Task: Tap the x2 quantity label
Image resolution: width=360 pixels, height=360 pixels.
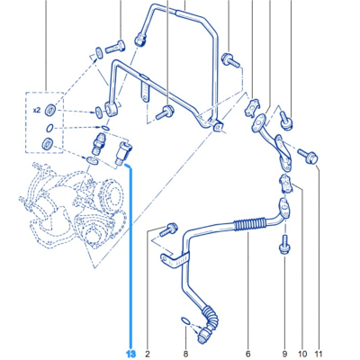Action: (x=37, y=109)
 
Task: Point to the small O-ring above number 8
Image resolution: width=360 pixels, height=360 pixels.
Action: (x=185, y=319)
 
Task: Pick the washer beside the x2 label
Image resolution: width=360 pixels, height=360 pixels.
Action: (x=51, y=110)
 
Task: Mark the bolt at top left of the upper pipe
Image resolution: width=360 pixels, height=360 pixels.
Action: (x=115, y=44)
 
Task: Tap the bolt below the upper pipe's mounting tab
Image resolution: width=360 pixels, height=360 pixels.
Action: (x=166, y=112)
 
